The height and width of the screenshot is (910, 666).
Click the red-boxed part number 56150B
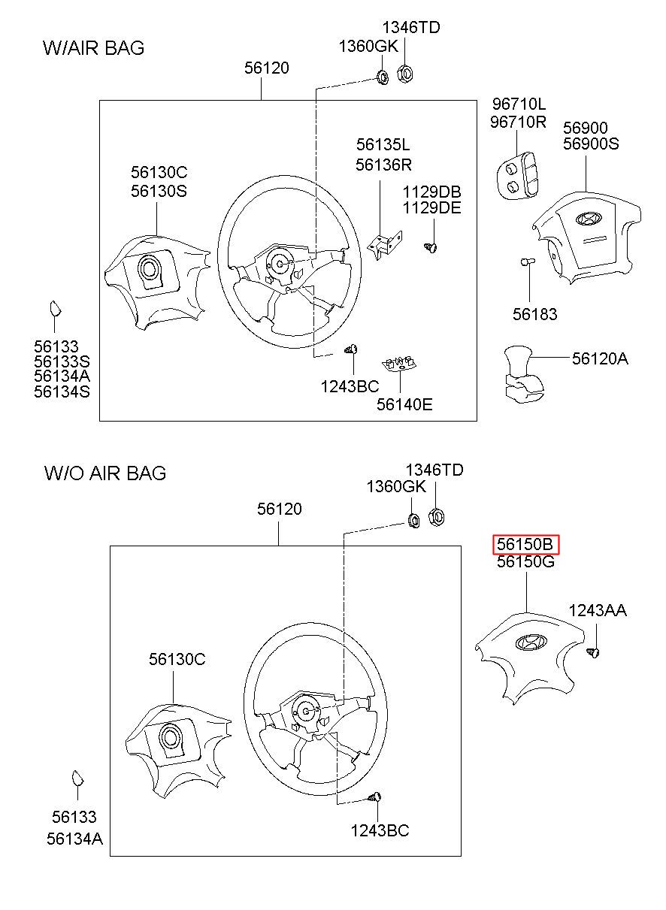(525, 543)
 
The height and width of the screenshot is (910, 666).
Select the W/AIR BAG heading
(93, 47)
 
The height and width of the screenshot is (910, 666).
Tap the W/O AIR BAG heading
(104, 473)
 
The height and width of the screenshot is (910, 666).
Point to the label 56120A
(600, 358)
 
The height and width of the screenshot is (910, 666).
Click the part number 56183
(534, 314)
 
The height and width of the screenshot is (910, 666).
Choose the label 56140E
(404, 404)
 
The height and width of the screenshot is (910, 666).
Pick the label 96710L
(519, 104)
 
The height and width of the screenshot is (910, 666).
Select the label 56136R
(383, 165)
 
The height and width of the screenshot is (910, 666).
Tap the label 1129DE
(431, 208)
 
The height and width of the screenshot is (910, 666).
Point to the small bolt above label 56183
(528, 262)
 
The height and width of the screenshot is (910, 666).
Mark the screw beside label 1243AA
(593, 652)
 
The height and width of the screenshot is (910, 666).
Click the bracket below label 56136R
(384, 244)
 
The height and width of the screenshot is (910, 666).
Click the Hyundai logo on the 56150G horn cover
(531, 642)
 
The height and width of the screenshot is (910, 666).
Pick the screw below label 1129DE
(431, 246)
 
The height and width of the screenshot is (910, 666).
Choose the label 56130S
(159, 191)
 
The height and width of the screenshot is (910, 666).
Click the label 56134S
(62, 392)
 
